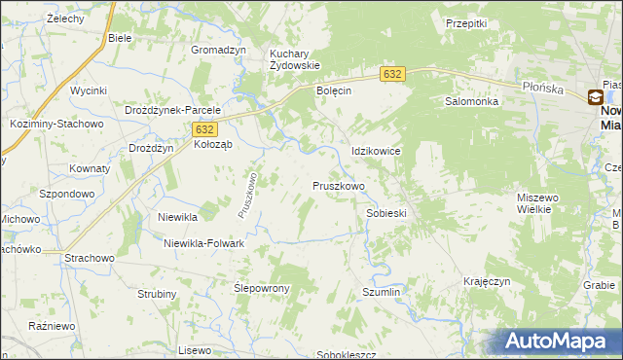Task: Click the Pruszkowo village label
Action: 339,185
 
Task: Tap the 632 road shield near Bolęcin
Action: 391,74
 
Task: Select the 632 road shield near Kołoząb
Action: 203,128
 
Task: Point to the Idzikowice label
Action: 377,152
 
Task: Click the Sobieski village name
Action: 385,212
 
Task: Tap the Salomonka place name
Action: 472,101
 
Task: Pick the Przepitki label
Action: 465,22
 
